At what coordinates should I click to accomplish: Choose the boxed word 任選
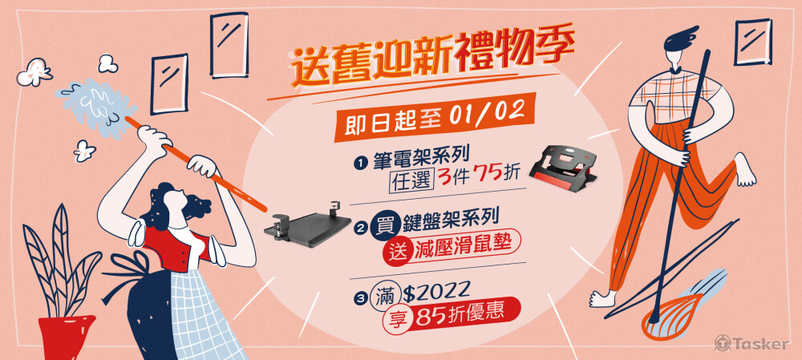click(411, 179)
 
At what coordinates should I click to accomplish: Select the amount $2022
click(435, 292)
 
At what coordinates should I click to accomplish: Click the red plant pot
click(67, 338)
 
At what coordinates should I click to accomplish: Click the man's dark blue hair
click(680, 39)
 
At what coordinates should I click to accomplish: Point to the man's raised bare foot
click(745, 169)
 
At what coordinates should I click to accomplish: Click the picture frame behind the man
click(753, 42)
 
